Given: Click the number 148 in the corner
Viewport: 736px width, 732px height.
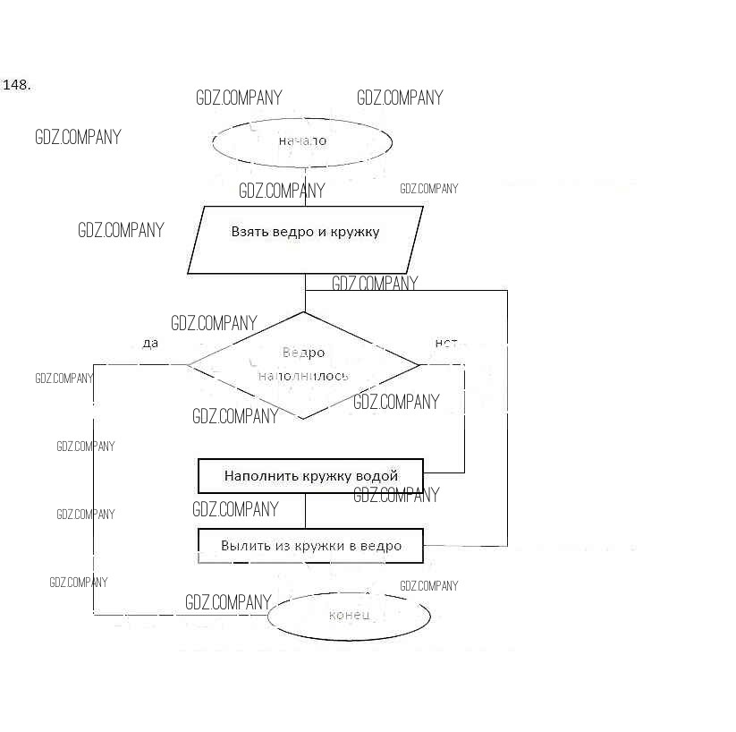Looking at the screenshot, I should [17, 85].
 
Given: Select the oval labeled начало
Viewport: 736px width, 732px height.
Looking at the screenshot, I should [302, 141].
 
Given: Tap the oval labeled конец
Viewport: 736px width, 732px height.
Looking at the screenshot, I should [349, 616].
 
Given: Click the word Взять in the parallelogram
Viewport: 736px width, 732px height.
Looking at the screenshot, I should [250, 232].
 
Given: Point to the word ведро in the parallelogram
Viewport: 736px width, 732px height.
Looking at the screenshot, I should [292, 232].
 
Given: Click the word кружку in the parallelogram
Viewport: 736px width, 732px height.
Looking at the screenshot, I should [353, 232].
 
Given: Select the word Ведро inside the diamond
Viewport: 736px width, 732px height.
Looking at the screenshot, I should [303, 353].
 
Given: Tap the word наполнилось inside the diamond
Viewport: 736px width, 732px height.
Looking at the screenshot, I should [303, 376].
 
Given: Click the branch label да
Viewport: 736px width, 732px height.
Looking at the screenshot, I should [150, 344].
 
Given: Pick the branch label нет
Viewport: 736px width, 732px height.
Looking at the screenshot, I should [445, 344].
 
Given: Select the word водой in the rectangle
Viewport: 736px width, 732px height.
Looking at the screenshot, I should [376, 476].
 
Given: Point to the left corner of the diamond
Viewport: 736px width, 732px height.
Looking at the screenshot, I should [188, 364].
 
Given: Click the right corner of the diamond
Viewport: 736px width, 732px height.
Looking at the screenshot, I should [419, 364].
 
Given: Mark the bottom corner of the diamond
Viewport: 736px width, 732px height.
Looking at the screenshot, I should [304, 419].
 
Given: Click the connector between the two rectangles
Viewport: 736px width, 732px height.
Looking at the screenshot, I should [306, 511].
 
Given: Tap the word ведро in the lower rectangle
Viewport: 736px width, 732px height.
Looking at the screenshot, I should [383, 546].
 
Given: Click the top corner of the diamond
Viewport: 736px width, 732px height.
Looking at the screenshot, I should [304, 311].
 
